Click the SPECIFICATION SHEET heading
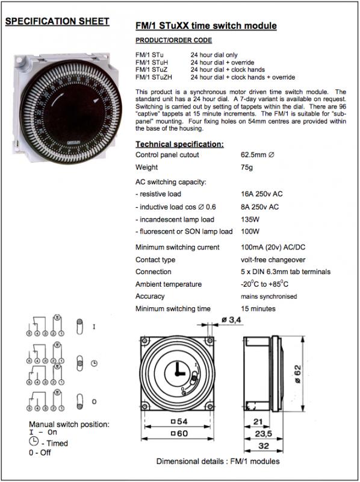coord(57,21)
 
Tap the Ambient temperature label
coord(168,284)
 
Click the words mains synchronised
coord(269,296)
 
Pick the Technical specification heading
coord(179,144)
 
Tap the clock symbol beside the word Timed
coord(35,443)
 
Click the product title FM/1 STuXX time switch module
coord(207,26)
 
